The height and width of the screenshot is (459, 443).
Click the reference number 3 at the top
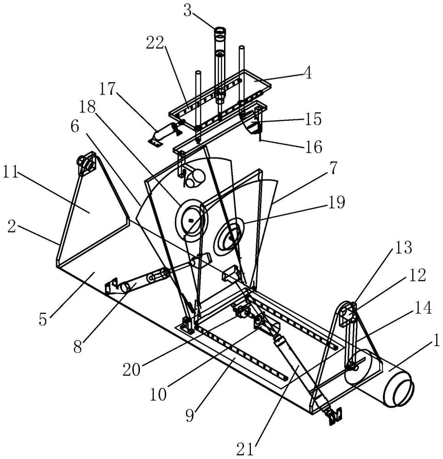click(x=187, y=11)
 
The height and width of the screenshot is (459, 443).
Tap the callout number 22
click(x=155, y=43)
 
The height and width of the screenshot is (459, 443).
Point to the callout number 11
click(x=11, y=173)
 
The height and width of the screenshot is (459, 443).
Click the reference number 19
click(x=336, y=202)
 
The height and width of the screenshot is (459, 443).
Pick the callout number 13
click(x=403, y=247)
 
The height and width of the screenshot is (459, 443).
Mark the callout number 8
click(x=78, y=347)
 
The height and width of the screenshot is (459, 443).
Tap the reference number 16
click(x=313, y=146)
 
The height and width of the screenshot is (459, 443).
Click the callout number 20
click(x=132, y=369)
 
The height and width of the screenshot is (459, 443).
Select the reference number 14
click(x=423, y=308)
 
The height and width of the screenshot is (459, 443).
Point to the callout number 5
click(x=43, y=319)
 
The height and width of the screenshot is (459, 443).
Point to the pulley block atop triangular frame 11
click(x=87, y=164)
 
